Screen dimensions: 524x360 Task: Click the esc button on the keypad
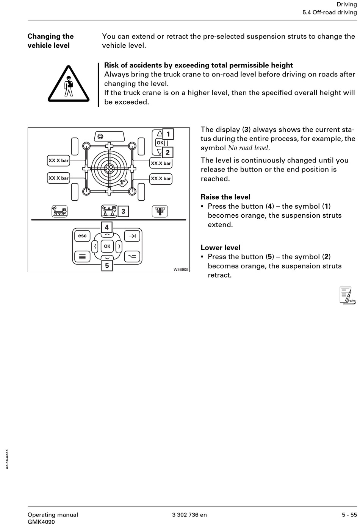(x=82, y=236)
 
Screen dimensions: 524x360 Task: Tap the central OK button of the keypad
(x=107, y=246)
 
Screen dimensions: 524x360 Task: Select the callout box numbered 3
(x=123, y=211)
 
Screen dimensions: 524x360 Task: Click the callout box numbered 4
(x=107, y=227)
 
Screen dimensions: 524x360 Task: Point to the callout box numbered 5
(x=107, y=265)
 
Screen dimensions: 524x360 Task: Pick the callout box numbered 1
(x=168, y=134)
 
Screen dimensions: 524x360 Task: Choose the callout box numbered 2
(x=167, y=153)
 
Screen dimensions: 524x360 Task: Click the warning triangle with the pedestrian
(x=69, y=84)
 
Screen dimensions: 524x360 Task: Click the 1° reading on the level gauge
(x=122, y=182)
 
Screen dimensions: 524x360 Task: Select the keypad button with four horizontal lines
(x=82, y=257)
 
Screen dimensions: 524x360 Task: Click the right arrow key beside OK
(x=119, y=246)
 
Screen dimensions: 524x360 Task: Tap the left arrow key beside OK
(x=95, y=246)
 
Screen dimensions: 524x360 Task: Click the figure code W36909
(x=181, y=269)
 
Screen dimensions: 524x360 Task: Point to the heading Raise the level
(x=225, y=197)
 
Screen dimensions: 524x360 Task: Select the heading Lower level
(x=221, y=248)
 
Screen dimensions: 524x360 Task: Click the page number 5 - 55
(x=349, y=515)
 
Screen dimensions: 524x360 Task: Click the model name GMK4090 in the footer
(x=41, y=522)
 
